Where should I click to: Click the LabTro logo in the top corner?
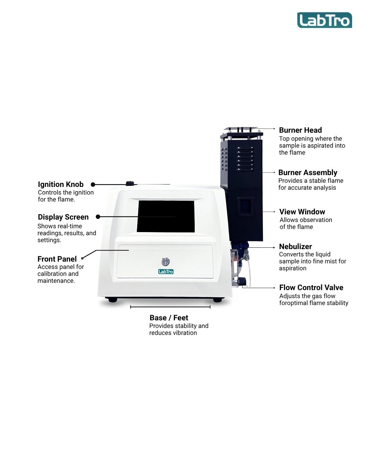pyautogui.click(x=324, y=20)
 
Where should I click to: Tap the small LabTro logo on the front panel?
pyautogui.click(x=166, y=272)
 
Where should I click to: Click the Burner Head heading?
pyautogui.click(x=300, y=130)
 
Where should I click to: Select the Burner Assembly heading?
pyautogui.click(x=308, y=173)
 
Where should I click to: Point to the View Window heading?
pyautogui.click(x=302, y=212)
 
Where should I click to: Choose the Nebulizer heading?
pyautogui.click(x=295, y=247)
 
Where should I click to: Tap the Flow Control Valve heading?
pyautogui.click(x=311, y=287)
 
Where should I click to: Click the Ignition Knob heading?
pyautogui.click(x=60, y=184)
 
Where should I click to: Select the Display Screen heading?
pyautogui.click(x=63, y=217)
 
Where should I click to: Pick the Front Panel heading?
pyautogui.click(x=57, y=259)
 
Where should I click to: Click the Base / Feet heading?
pyautogui.click(x=169, y=318)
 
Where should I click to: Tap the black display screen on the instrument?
pyautogui.click(x=166, y=216)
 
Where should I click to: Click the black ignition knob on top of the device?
pyautogui.click(x=130, y=183)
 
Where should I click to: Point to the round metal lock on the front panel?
pyautogui.click(x=166, y=262)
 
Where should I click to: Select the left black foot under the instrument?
pyautogui.click(x=112, y=300)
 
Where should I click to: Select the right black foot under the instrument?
pyautogui.click(x=217, y=300)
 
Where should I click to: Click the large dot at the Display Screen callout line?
pyautogui.click(x=98, y=217)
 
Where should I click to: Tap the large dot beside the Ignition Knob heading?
pyautogui.click(x=93, y=184)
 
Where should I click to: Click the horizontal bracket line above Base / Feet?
pyautogui.click(x=170, y=307)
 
